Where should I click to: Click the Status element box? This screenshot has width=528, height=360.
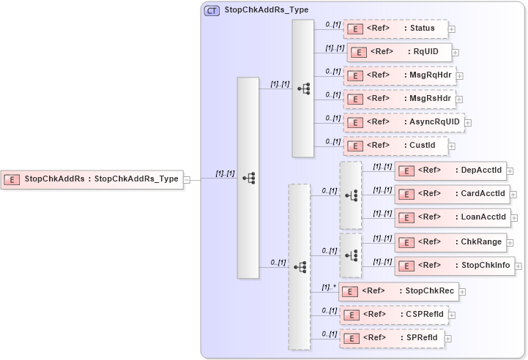(395, 29)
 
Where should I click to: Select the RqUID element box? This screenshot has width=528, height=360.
(399, 52)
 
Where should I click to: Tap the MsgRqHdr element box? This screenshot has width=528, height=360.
(399, 75)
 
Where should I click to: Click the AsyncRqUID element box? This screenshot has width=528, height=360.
(404, 122)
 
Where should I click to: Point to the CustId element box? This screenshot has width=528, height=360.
(395, 146)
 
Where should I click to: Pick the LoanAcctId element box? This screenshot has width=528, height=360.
(452, 218)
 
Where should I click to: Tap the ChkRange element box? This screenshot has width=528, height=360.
(450, 241)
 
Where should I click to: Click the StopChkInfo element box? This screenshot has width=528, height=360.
(454, 265)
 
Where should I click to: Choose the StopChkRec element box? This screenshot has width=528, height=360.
(398, 291)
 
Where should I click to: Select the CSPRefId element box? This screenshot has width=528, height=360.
(395, 315)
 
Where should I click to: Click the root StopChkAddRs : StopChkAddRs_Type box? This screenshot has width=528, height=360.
(92, 179)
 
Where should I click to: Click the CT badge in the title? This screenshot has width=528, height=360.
(212, 10)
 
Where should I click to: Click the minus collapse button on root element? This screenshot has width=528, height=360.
(187, 179)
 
